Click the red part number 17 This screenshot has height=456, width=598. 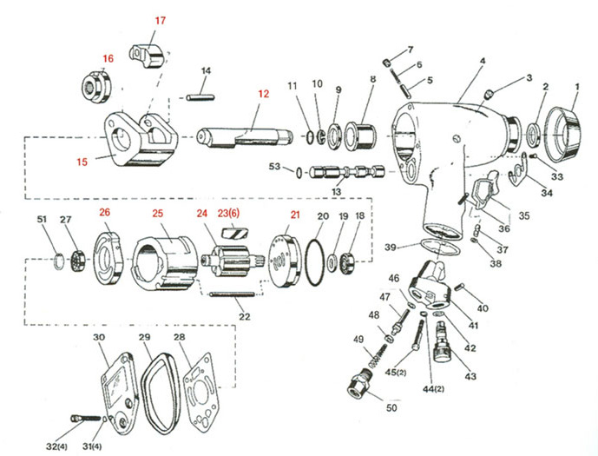coord(161,19)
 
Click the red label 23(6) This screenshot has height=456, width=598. coord(229,213)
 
